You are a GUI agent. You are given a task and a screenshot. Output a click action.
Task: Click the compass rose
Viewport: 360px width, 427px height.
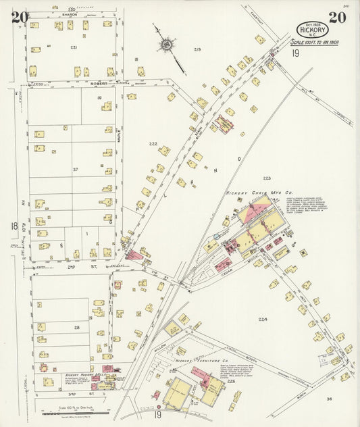[165, 45]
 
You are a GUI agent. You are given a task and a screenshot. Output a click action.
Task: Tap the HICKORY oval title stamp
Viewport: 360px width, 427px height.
[313, 30]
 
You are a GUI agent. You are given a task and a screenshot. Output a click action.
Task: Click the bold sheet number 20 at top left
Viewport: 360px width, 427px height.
[20, 17]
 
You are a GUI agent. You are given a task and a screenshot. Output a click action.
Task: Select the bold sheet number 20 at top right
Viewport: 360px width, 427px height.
[337, 17]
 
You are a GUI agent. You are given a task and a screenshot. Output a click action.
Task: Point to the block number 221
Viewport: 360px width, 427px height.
[74, 48]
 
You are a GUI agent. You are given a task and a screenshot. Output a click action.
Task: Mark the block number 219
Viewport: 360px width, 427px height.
[197, 50]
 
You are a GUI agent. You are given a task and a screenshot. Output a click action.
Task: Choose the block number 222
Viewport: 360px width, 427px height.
[153, 145]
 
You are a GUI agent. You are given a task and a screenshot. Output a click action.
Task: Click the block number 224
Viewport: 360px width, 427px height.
[262, 318]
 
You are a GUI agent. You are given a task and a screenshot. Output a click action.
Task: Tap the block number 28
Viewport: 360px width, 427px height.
[76, 327]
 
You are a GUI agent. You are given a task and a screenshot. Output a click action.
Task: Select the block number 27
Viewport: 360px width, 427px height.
[76, 169]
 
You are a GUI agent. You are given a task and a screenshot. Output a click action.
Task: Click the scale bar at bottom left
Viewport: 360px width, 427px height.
[74, 411]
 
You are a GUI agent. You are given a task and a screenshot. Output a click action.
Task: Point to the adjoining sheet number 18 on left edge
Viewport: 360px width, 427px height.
[14, 226]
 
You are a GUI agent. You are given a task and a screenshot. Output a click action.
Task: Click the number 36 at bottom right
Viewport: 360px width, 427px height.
[328, 399]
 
